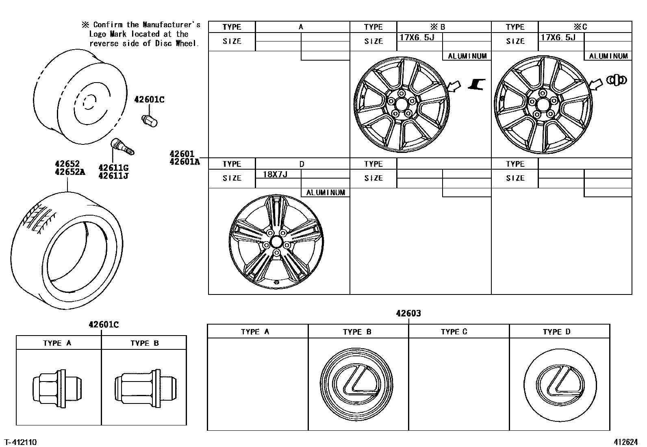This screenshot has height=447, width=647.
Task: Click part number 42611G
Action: (x=113, y=168)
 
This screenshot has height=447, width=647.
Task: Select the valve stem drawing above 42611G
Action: (x=122, y=147)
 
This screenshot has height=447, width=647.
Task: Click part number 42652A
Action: (x=70, y=172)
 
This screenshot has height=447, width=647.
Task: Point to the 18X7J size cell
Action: (x=275, y=174)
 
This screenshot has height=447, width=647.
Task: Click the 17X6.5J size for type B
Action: (x=417, y=37)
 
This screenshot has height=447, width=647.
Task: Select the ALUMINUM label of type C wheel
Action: (x=608, y=56)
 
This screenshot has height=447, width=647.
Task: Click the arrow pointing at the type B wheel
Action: (x=454, y=86)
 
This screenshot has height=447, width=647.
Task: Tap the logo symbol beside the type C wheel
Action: (x=617, y=80)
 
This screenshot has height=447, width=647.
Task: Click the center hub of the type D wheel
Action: (x=276, y=242)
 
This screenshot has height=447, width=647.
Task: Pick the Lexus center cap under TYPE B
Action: (x=357, y=384)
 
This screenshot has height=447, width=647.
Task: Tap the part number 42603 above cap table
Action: (x=408, y=313)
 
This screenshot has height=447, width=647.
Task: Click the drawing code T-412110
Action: (x=20, y=442)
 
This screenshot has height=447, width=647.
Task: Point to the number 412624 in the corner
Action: (x=626, y=442)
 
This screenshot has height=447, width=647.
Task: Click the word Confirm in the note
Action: (x=107, y=25)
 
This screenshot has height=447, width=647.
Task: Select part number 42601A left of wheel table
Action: (x=185, y=161)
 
